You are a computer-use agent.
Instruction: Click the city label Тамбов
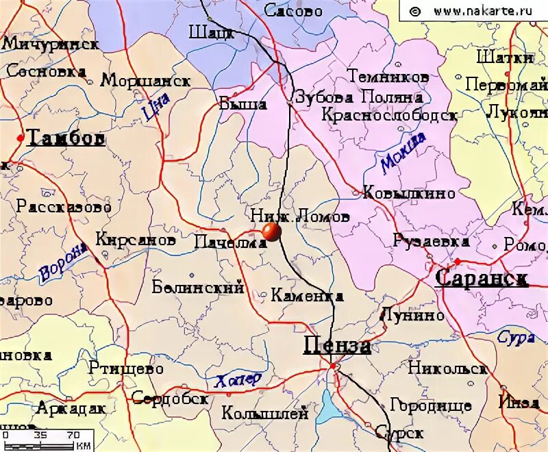coord(65,138)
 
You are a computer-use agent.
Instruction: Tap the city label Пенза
coord(337,346)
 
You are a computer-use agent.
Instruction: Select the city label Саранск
coord(482,278)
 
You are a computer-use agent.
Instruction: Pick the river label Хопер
coord(238,381)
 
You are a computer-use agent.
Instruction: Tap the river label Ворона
coord(64,262)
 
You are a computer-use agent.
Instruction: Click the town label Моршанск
coord(145,81)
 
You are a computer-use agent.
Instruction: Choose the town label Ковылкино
coord(408,192)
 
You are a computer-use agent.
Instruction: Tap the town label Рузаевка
coord(431,241)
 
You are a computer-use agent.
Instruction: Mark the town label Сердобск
coord(169,398)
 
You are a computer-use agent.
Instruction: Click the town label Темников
coord(388,76)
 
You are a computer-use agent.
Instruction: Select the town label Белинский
coord(198,288)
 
